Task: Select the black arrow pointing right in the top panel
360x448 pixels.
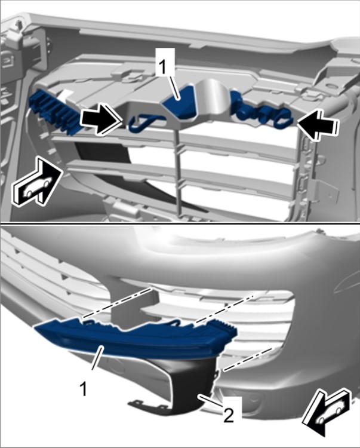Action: (x=101, y=121)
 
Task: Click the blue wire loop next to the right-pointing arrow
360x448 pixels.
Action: (x=146, y=124)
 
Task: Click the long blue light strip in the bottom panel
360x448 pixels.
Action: (x=134, y=339)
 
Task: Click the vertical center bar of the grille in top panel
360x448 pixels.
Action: (x=179, y=171)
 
